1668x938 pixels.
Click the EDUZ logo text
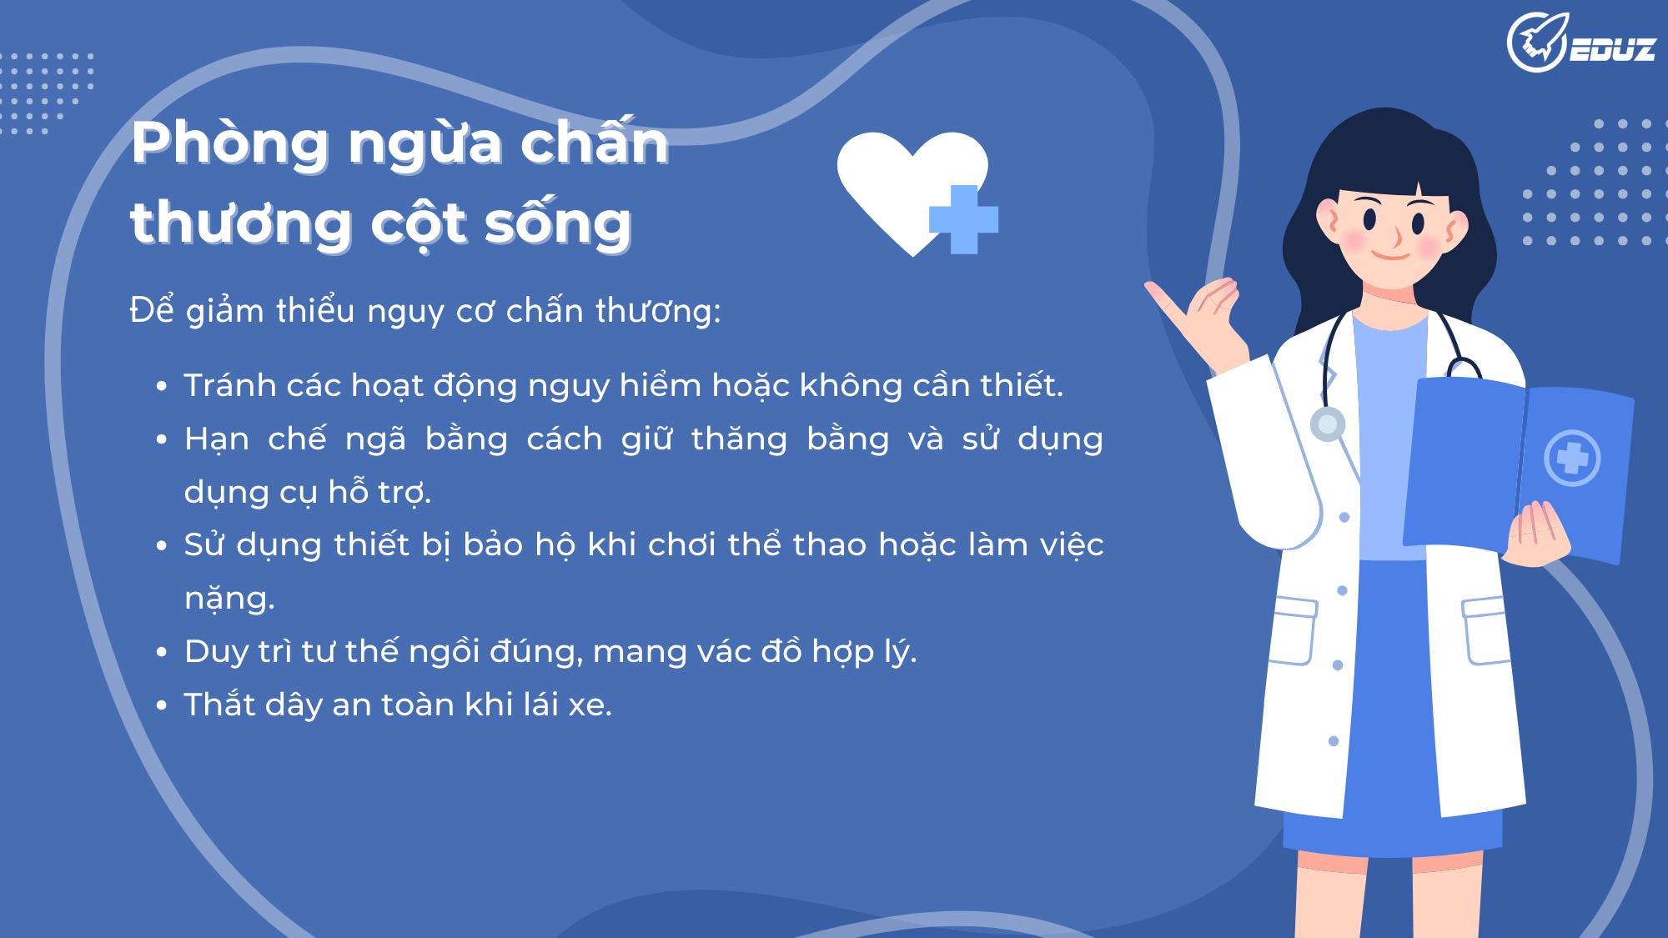point(1612,50)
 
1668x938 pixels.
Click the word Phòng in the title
point(230,143)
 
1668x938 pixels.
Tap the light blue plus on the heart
point(963,219)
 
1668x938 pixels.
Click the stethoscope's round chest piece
point(1328,424)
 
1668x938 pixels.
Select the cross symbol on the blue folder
point(1572,458)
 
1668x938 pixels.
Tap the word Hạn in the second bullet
point(217,439)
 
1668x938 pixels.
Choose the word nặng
point(229,599)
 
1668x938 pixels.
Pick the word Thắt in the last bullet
point(219,705)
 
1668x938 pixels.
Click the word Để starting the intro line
point(152,309)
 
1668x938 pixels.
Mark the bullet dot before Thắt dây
point(162,705)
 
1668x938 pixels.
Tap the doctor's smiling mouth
point(1390,254)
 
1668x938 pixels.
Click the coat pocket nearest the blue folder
point(1486,630)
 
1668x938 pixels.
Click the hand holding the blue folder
point(1540,534)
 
